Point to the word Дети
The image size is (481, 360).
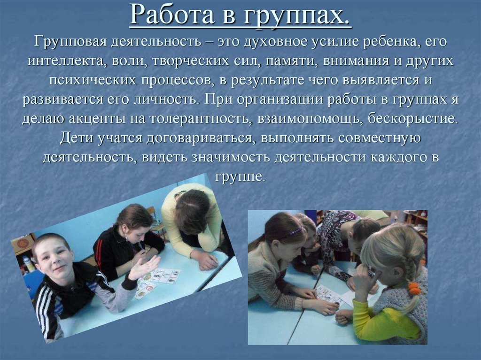pyautogui.click(x=77, y=138)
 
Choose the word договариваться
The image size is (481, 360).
pyautogui.click(x=195, y=138)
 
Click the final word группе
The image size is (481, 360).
pyautogui.click(x=240, y=176)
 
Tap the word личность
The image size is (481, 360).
pyautogui.click(x=161, y=100)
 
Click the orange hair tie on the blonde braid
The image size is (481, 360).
pyautogui.click(x=414, y=287)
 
